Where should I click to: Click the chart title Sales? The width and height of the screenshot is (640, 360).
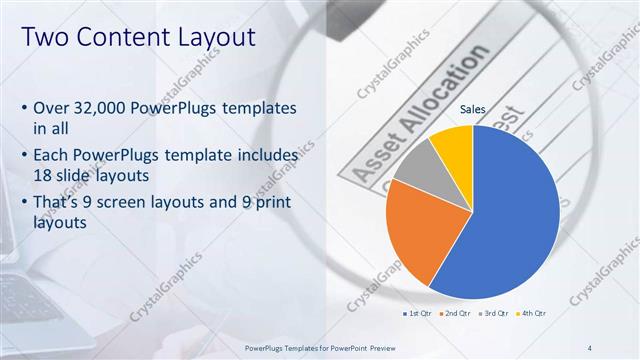click(473, 109)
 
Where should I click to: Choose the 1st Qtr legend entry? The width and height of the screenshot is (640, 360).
click(416, 313)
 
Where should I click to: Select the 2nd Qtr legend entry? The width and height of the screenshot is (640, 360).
click(456, 313)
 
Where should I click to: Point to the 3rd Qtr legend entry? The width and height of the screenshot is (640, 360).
click(496, 313)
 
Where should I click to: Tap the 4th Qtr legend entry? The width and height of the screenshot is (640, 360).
click(535, 313)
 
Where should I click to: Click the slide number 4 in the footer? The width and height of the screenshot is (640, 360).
click(590, 347)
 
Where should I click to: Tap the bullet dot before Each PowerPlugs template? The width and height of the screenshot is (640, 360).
click(24, 157)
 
